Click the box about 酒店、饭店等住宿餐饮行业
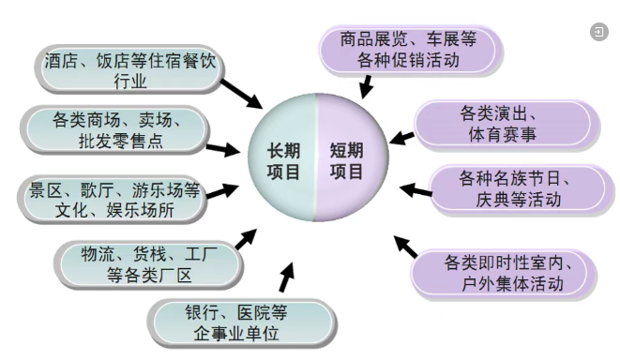[x=130, y=70]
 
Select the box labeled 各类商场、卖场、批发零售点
[x=118, y=129]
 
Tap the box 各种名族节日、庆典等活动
[x=510, y=187]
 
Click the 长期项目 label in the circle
[x=283, y=159]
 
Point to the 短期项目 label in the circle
[x=347, y=159]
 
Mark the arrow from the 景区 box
[x=222, y=192]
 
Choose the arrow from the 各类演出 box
[x=401, y=138]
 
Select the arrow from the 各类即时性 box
[x=404, y=247]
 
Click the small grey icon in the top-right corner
[x=598, y=32]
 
